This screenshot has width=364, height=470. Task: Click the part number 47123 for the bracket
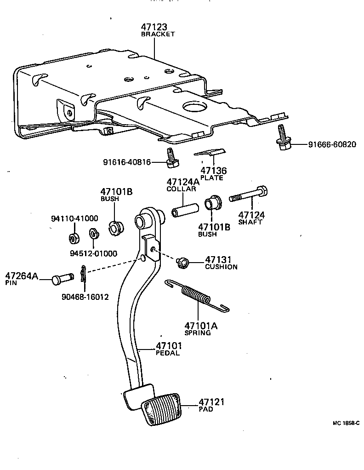(x=154, y=27)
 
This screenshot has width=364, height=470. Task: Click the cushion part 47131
(x=182, y=263)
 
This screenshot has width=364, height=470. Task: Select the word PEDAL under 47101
(x=168, y=353)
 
